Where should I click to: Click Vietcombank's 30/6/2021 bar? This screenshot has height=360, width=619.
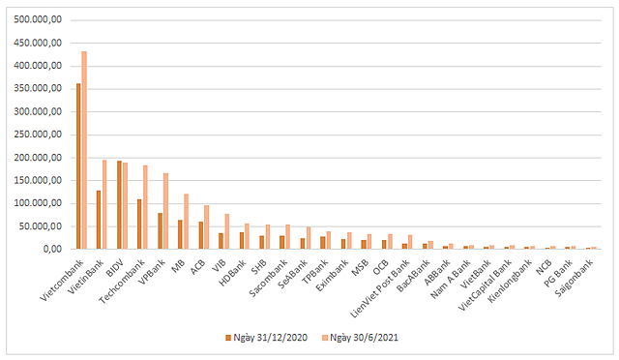tap(84, 150)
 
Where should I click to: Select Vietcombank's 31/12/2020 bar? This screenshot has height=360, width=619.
tap(78, 166)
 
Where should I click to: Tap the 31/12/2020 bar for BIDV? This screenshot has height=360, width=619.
tap(119, 205)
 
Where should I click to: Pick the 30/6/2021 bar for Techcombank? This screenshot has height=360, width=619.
tap(145, 207)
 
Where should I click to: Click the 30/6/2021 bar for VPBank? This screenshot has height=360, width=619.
tap(165, 211)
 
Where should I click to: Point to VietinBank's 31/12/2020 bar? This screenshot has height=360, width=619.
tap(99, 220)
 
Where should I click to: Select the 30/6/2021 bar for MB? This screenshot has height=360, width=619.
tap(186, 222)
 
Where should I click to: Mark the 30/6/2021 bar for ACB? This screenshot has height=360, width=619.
tap(206, 226)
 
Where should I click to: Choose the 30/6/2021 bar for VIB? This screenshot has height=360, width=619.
tap(227, 231)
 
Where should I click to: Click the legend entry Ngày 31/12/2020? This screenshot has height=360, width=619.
tap(267, 338)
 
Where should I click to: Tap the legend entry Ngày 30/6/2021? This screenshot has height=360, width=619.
tap(360, 338)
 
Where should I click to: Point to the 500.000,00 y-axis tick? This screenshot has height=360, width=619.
tap(38, 19)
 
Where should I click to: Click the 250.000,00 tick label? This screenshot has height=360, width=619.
tap(38, 135)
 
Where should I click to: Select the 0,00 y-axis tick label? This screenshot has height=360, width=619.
tap(52, 249)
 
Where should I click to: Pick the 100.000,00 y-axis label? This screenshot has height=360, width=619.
tap(38, 203)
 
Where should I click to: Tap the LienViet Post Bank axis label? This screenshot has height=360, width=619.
tap(380, 288)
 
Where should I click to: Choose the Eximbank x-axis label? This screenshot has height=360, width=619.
tap(332, 275)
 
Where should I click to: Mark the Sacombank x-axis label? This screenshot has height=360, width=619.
tap(269, 278)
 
